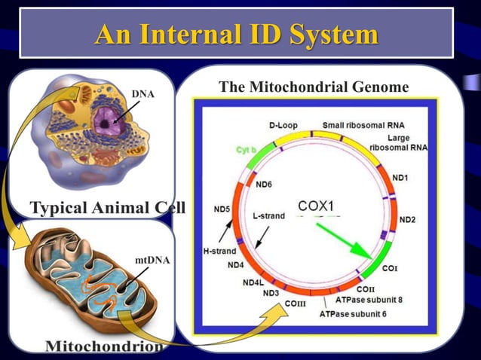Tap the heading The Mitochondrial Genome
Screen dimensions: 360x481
(x=313, y=88)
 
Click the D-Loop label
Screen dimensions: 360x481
(x=283, y=125)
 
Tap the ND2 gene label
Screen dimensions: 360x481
(x=408, y=220)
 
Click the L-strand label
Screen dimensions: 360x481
(x=268, y=216)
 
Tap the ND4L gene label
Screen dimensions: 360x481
(x=253, y=282)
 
